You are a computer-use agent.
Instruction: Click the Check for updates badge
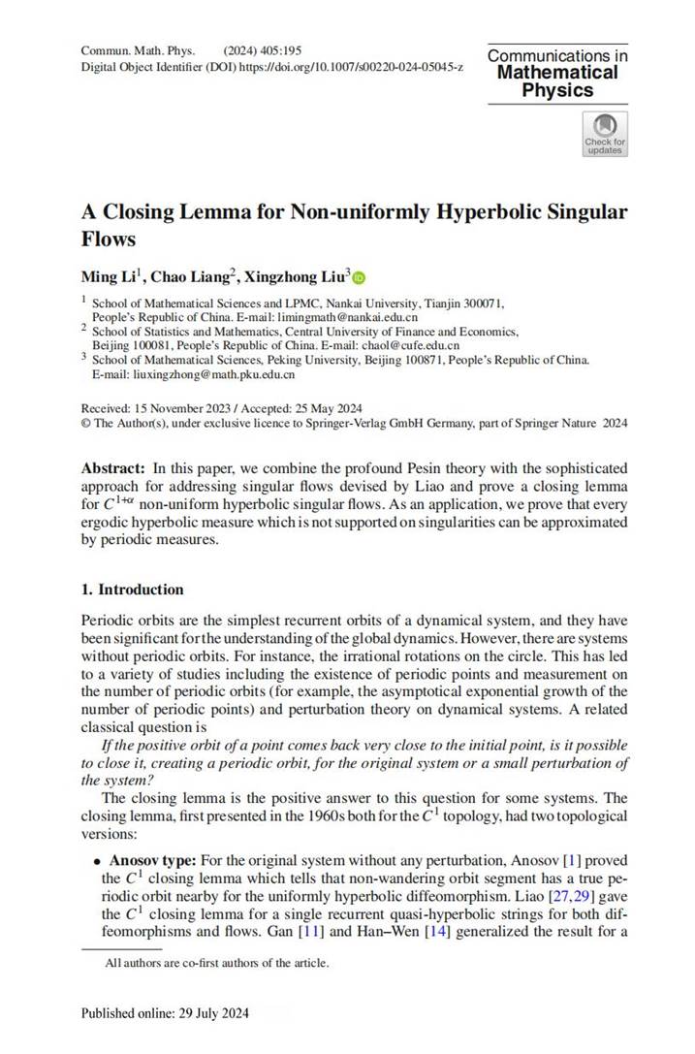click(x=604, y=134)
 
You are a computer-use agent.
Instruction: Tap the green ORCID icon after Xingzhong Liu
click(x=359, y=278)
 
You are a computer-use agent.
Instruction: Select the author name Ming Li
click(x=105, y=277)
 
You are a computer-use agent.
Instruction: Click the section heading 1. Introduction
click(x=132, y=590)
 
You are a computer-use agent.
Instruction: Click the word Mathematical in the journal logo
click(x=557, y=73)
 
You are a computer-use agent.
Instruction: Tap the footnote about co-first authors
click(x=217, y=963)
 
